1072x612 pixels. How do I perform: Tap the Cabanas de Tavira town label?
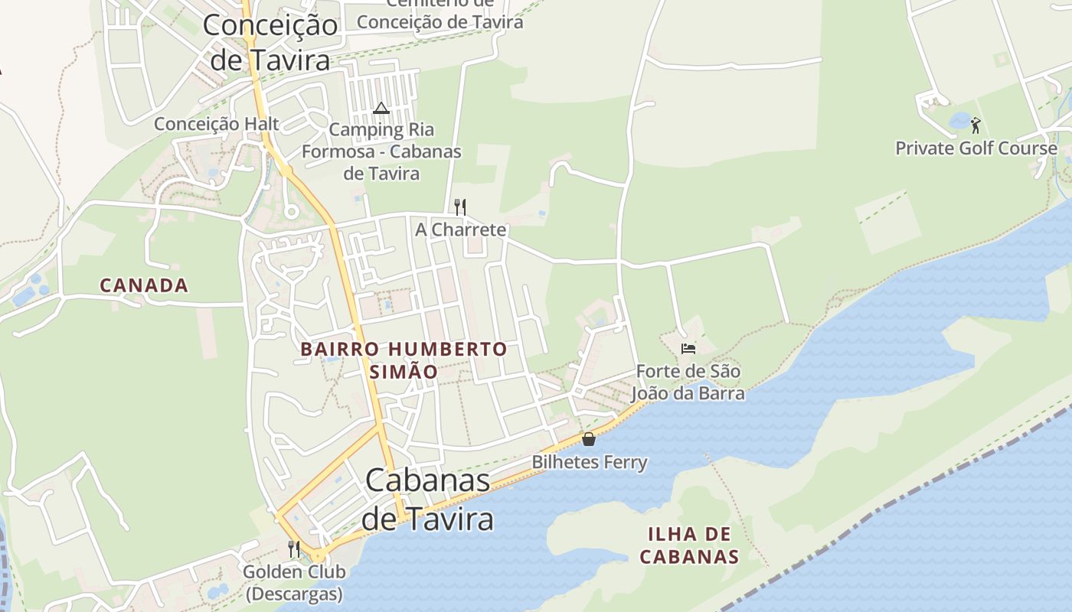(x=427, y=500)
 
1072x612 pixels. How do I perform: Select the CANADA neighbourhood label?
(x=144, y=285)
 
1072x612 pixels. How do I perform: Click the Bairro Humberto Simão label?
(x=404, y=360)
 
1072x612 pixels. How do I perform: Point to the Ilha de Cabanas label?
(x=689, y=545)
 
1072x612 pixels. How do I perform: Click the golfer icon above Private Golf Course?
(x=976, y=125)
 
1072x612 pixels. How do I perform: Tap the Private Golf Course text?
(x=976, y=148)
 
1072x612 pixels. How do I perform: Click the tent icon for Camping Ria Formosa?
(x=381, y=108)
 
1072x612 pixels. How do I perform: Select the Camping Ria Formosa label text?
(x=381, y=151)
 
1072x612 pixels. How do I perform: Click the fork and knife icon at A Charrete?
(x=459, y=207)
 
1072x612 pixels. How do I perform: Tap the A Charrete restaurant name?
(x=461, y=229)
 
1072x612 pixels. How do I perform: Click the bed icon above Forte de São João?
(x=688, y=349)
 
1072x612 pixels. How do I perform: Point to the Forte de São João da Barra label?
(x=688, y=382)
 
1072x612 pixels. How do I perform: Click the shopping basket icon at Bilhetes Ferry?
(x=589, y=439)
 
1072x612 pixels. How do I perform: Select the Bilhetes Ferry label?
(x=590, y=463)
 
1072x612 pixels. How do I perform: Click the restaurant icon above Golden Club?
(x=294, y=549)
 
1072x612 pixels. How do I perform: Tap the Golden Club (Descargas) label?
(x=294, y=582)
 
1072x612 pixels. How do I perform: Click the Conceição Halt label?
(x=217, y=124)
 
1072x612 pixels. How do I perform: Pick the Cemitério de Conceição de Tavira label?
(x=440, y=15)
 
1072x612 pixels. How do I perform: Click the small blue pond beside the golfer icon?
(x=959, y=121)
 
